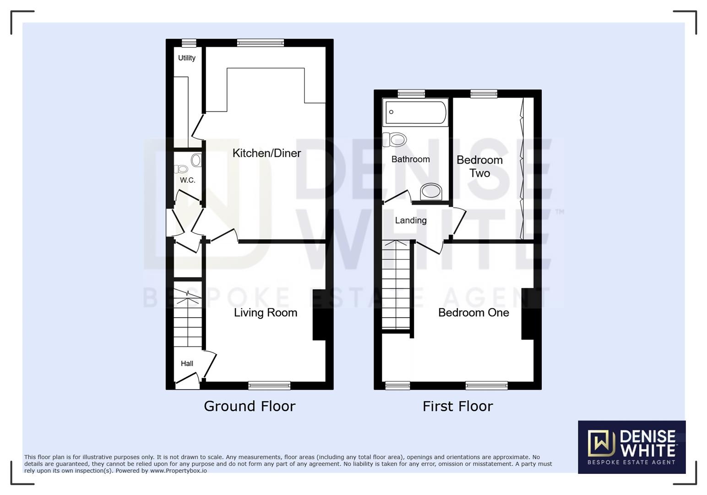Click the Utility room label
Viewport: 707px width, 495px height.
187,58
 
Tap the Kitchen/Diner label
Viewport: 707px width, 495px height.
266,153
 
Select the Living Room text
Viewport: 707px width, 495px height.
266,313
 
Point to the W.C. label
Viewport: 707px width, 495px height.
187,180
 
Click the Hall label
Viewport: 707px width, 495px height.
187,363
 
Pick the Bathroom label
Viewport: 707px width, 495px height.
410,159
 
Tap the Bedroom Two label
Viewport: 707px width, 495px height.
479,166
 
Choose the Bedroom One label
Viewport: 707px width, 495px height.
473,313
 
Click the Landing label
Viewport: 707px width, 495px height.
411,220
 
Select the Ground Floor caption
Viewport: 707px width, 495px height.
250,406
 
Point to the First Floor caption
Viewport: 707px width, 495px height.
457,406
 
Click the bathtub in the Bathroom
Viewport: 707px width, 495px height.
416,112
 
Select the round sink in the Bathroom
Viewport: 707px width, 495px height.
431,191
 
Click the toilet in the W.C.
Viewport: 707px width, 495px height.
182,169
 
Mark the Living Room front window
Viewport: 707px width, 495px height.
269,385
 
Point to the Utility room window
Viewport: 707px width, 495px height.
189,43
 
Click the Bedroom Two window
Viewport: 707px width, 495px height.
484,94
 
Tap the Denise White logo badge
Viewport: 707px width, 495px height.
631,447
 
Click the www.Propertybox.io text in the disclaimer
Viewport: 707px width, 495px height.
179,471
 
